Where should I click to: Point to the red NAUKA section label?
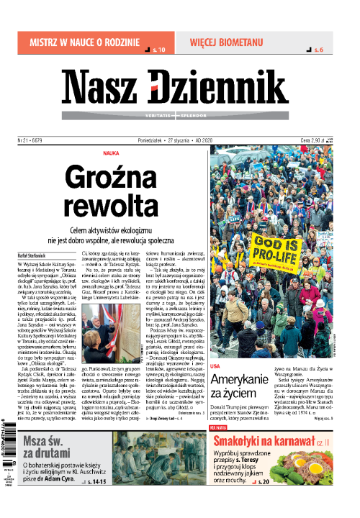pyautogui.click(x=112, y=153)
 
